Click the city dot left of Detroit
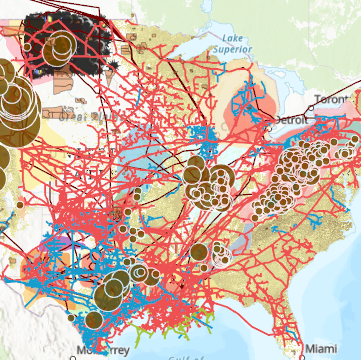pos(272,121)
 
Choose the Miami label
pos(322,348)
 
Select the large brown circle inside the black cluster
pos(60,44)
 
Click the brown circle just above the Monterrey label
pos(94,321)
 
